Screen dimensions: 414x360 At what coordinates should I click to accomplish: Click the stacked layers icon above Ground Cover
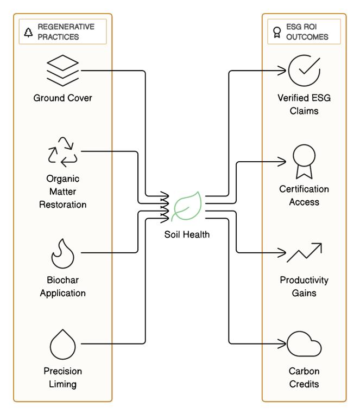pos(63,71)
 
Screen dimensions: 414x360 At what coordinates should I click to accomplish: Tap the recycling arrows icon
pos(63,151)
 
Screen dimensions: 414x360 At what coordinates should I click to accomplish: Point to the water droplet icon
pos(63,343)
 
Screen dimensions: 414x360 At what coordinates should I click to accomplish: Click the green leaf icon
pos(187,207)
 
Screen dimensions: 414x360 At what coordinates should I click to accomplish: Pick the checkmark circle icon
pos(304,70)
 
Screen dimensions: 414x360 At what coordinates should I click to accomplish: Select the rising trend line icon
pos(304,252)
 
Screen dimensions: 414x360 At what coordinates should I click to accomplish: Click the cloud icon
pos(304,344)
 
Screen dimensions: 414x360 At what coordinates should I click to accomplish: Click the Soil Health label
pos(187,234)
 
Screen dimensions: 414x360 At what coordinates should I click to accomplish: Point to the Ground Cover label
pos(63,98)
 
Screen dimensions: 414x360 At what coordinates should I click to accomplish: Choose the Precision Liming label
pos(63,378)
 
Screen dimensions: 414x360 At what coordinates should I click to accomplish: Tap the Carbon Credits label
pos(304,378)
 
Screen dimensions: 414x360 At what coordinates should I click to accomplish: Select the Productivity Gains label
pos(304,286)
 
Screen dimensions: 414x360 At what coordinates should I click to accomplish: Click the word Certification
pos(304,189)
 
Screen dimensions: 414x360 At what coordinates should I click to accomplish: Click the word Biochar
pos(63,281)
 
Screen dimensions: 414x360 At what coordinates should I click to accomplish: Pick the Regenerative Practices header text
pos(66,31)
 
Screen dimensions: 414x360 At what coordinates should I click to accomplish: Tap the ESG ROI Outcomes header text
pos(307,31)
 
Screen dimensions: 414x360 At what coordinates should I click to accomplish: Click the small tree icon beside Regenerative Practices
pos(28,32)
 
